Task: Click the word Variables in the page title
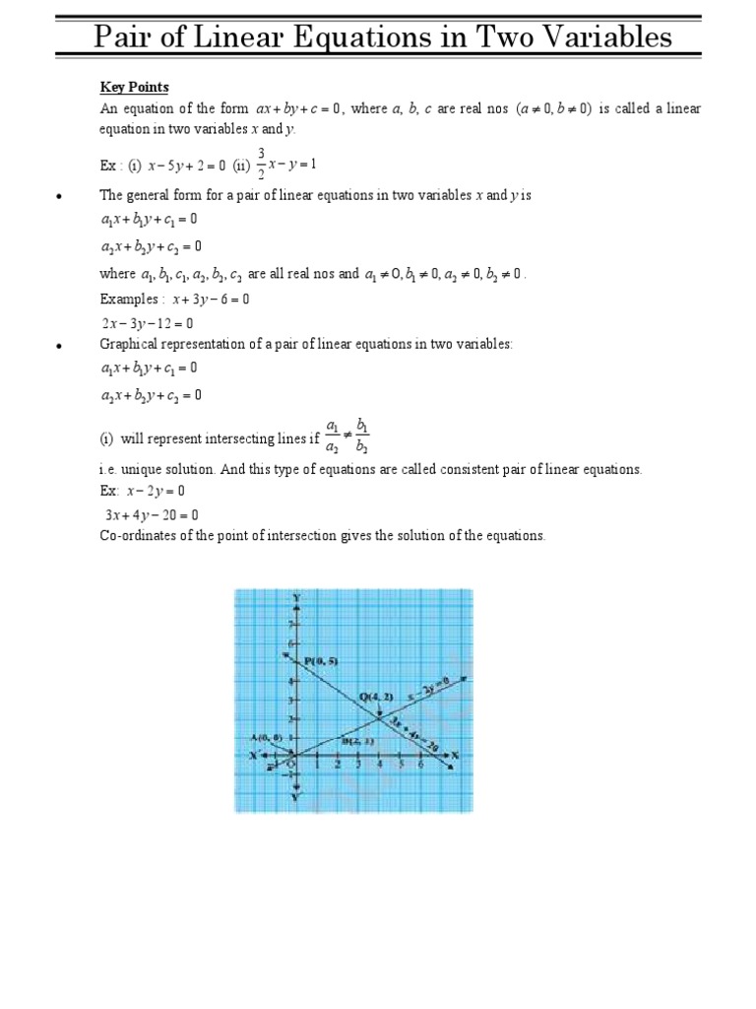tap(599, 37)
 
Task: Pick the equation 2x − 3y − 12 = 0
tap(148, 322)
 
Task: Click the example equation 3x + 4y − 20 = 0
tap(152, 514)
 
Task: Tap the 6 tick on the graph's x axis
tap(421, 766)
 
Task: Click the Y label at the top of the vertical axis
tap(296, 598)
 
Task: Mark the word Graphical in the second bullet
tap(132, 344)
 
